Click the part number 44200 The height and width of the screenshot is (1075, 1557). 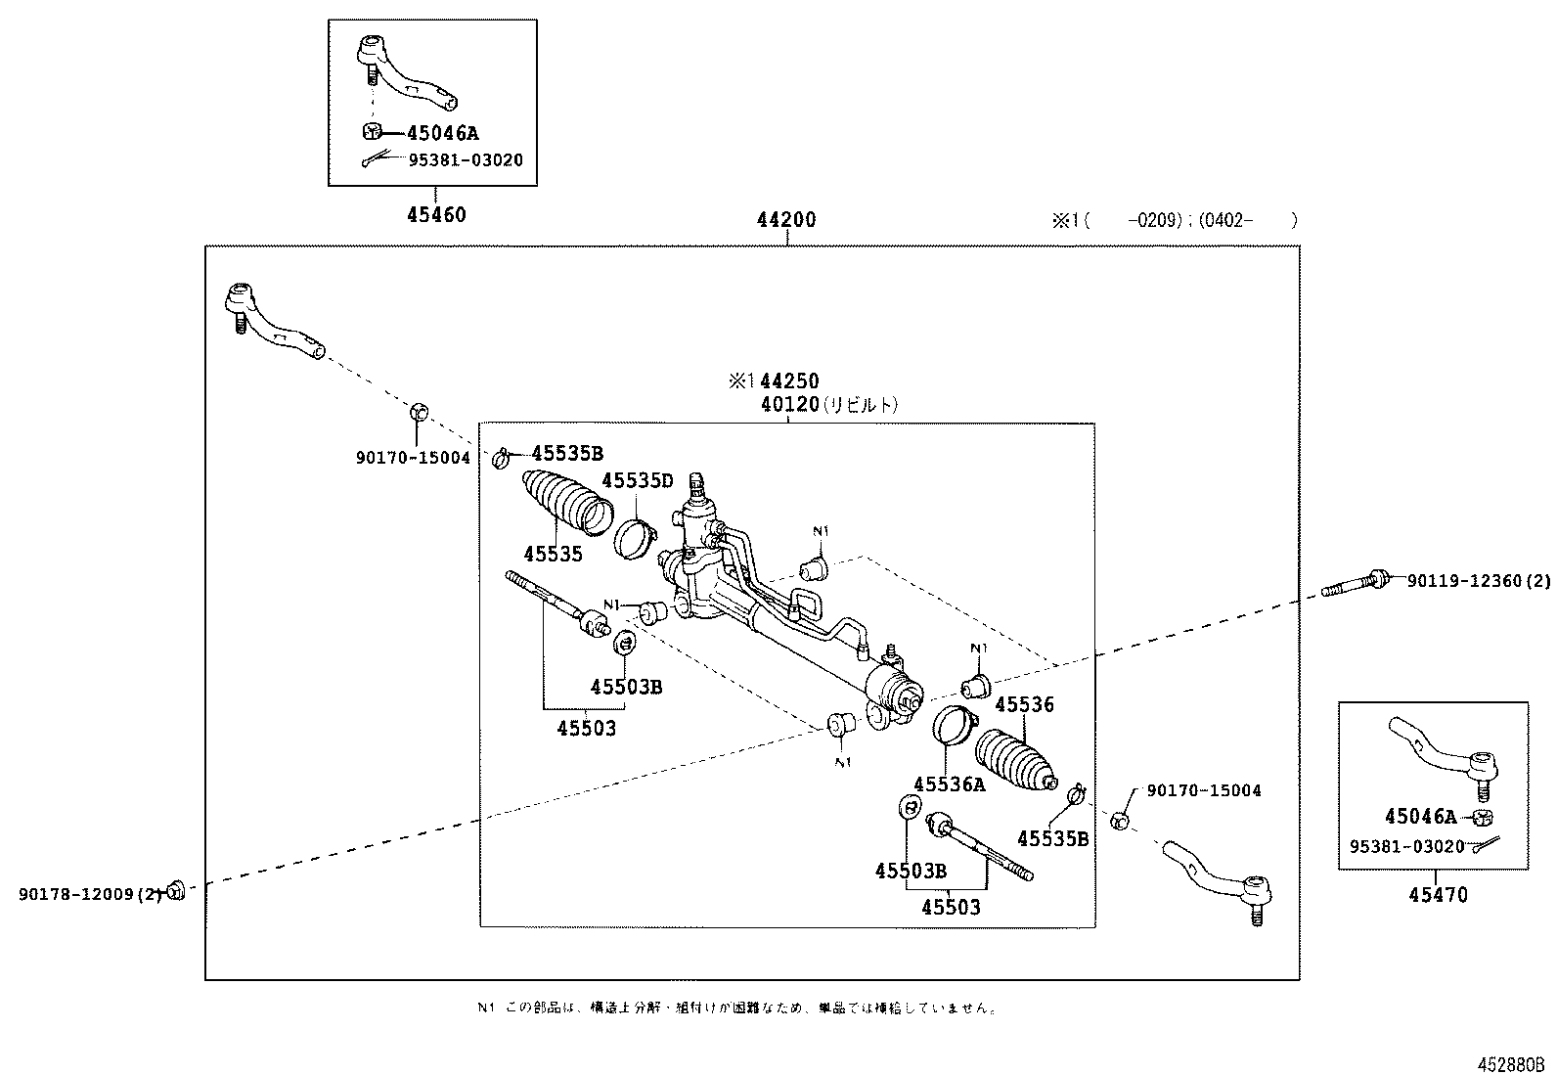point(785,220)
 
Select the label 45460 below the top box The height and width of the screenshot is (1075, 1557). point(436,215)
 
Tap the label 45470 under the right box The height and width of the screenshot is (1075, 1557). point(1438,895)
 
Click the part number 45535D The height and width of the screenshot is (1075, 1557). point(637,480)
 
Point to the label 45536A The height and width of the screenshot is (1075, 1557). point(949,784)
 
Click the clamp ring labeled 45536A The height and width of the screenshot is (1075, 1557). point(952,726)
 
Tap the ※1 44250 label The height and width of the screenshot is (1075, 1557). point(773,381)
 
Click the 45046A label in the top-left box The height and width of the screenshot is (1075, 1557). point(443,134)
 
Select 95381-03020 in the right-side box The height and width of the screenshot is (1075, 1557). point(1406,846)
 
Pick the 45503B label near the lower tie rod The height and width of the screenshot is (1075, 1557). point(911,871)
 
